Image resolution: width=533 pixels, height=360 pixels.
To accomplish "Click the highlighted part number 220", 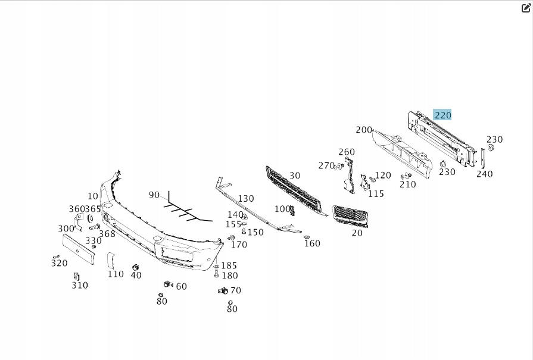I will coord(442,115).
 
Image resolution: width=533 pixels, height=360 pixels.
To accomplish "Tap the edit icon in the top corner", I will coord(525,8).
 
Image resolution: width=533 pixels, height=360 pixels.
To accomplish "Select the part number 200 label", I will coord(363,130).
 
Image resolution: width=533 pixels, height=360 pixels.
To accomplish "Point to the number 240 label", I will coord(484,174).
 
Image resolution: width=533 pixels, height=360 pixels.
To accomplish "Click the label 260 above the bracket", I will coord(346,152).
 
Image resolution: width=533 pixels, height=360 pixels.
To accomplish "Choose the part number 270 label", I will coord(326,165).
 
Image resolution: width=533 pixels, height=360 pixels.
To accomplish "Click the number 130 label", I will coord(245,199).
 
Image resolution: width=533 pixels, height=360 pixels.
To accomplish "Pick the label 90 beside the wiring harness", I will coord(154,195).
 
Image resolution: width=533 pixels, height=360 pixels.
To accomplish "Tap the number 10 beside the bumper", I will coord(93,196).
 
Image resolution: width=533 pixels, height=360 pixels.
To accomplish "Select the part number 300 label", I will coord(66,228).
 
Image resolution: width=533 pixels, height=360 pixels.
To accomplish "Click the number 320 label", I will coord(59,263).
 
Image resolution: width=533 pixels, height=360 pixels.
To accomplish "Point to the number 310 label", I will coord(79,285).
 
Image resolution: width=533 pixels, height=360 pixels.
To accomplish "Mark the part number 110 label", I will coord(116,274).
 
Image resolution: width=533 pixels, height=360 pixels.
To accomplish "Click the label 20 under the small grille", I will coord(357,233).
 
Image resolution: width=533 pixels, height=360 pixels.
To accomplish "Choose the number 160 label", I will coord(311,243).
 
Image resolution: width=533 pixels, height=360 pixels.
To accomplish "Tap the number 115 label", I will coord(376,193).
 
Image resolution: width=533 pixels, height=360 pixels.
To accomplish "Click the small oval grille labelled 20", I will coord(350,215).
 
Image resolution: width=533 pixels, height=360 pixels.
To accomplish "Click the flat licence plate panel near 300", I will coord(79,249).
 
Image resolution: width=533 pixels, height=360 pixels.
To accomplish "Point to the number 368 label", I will coord(107,234).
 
